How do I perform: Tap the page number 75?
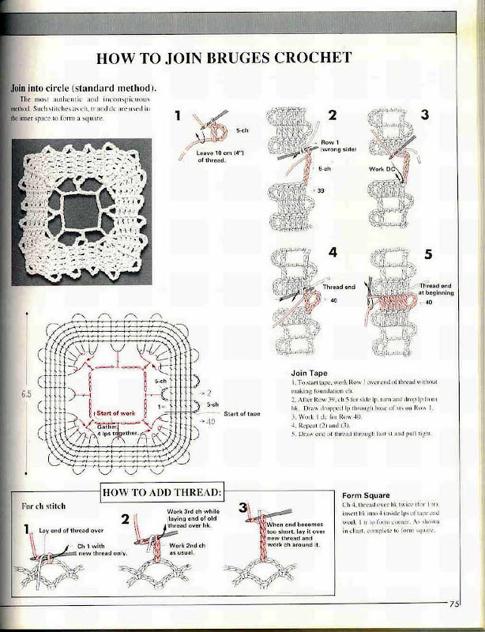(455, 604)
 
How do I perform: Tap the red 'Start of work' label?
(117, 412)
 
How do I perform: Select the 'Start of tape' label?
(242, 413)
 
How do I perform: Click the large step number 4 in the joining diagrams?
(333, 254)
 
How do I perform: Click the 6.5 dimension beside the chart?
(26, 390)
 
